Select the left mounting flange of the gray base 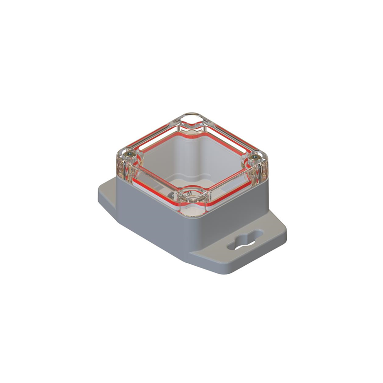coord(106,191)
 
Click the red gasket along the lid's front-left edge coord(153,189)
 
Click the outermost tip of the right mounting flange coord(285,236)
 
